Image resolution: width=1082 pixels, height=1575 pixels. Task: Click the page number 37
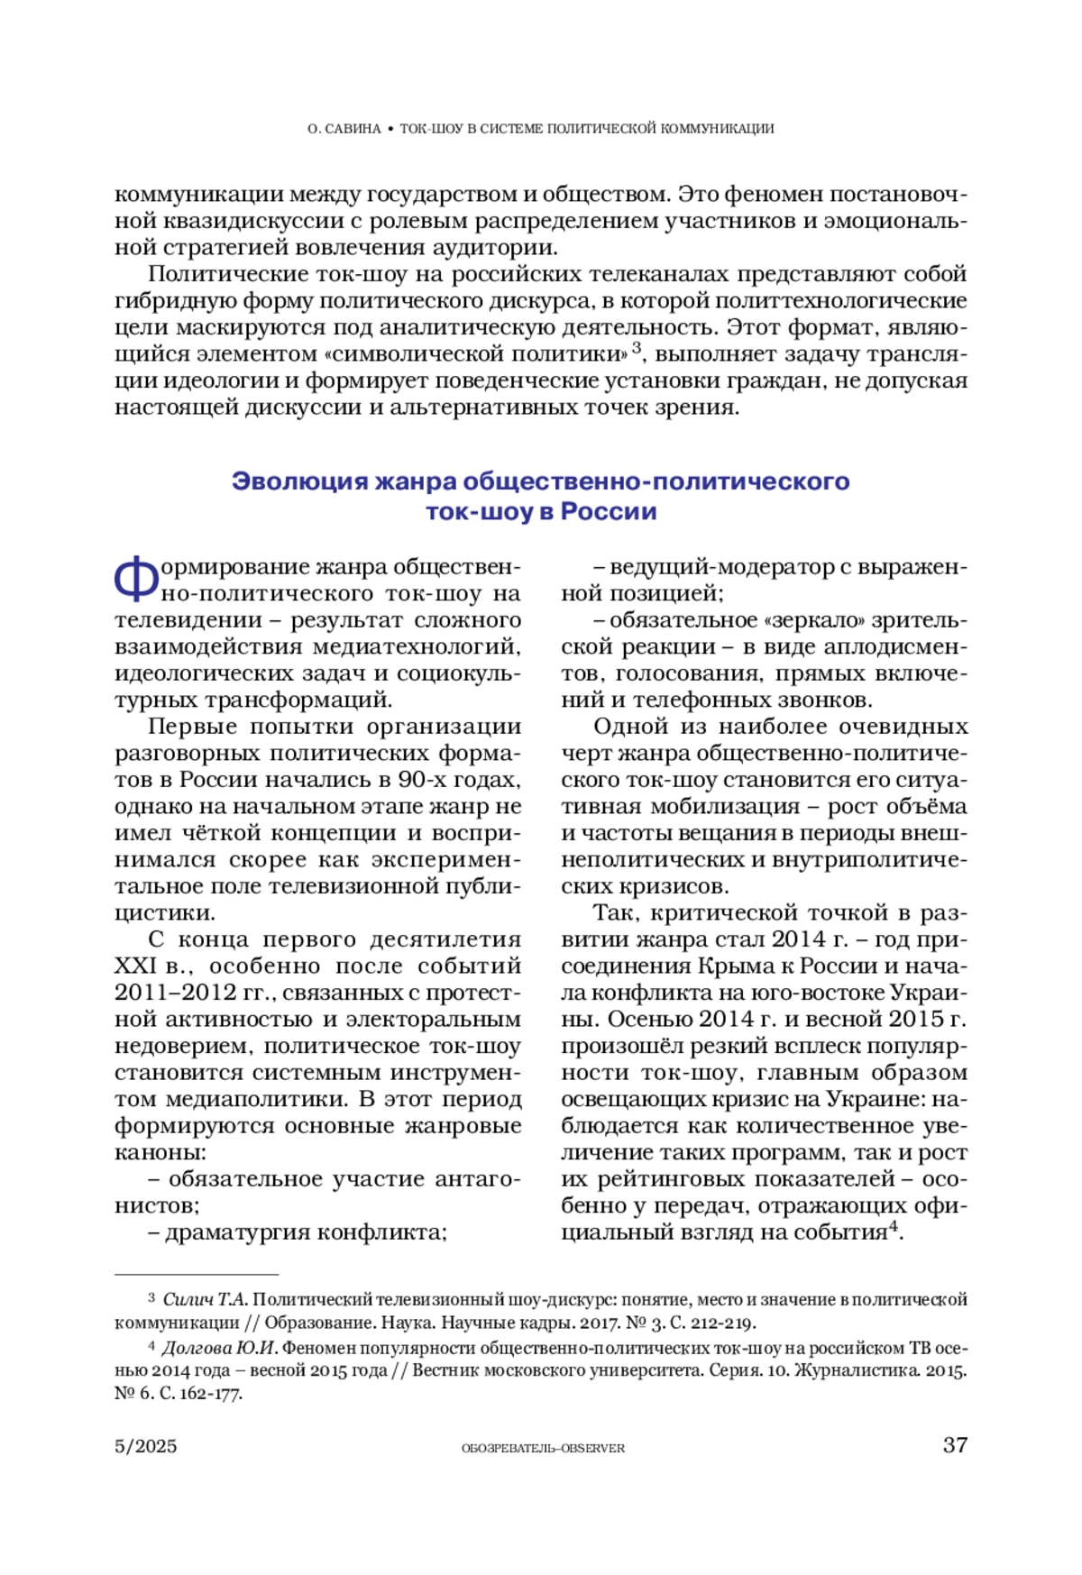955,1446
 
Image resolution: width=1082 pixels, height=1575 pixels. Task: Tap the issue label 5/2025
146,1447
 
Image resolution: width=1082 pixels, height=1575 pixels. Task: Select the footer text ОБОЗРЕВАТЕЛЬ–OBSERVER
543,1449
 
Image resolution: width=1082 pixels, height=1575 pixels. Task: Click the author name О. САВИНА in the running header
344,129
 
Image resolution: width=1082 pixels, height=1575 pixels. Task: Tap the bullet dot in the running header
390,129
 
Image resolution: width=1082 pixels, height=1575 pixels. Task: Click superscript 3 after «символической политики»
637,348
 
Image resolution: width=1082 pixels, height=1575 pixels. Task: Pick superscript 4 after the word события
893,1227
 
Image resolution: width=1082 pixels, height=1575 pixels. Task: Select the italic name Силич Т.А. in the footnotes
205,1300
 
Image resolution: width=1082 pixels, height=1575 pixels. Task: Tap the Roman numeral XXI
136,966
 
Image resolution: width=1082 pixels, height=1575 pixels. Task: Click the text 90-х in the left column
422,780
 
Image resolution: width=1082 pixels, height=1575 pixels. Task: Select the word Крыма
729,966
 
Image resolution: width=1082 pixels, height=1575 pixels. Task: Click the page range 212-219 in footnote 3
720,1323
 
